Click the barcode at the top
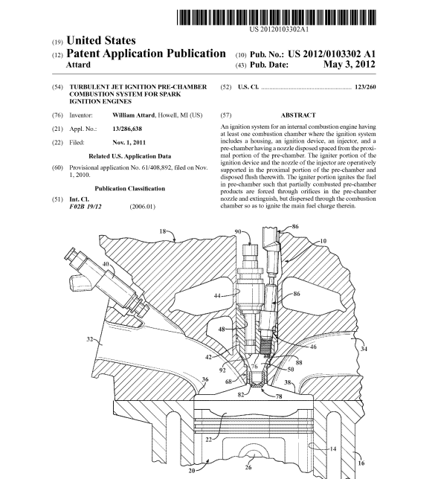pyautogui.click(x=277, y=17)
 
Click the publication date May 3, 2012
pyautogui.click(x=349, y=64)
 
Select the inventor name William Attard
pyautogui.click(x=133, y=115)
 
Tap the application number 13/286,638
pyautogui.click(x=127, y=129)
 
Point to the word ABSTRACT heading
pyautogui.click(x=298, y=115)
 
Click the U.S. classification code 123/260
pyautogui.click(x=365, y=87)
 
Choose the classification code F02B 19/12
pyautogui.click(x=86, y=207)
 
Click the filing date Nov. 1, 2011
pyautogui.click(x=129, y=143)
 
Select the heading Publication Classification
pyautogui.click(x=130, y=188)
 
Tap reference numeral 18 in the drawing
pyautogui.click(x=163, y=231)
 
